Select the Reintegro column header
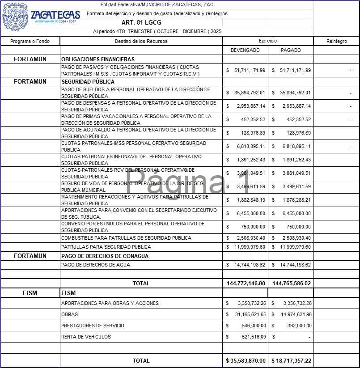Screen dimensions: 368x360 pos(336,41)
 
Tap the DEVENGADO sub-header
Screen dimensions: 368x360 pos(245,50)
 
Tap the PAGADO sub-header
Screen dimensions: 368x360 pos(291,50)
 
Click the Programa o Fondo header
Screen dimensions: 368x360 pos(30,41)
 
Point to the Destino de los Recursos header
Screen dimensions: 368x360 pos(141,41)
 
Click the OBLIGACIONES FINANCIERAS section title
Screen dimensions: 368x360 pos(98,59)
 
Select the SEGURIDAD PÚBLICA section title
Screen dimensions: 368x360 pos(88,82)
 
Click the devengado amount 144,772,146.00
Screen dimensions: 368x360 pos(246,283)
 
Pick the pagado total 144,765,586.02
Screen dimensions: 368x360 pos(291,283)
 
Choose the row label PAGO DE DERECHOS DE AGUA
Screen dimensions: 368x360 pos(96,265)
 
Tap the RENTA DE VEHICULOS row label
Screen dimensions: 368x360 pos(86,337)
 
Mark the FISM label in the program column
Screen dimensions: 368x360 pos(30,293)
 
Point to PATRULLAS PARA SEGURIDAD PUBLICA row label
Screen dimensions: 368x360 pos(106,247)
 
